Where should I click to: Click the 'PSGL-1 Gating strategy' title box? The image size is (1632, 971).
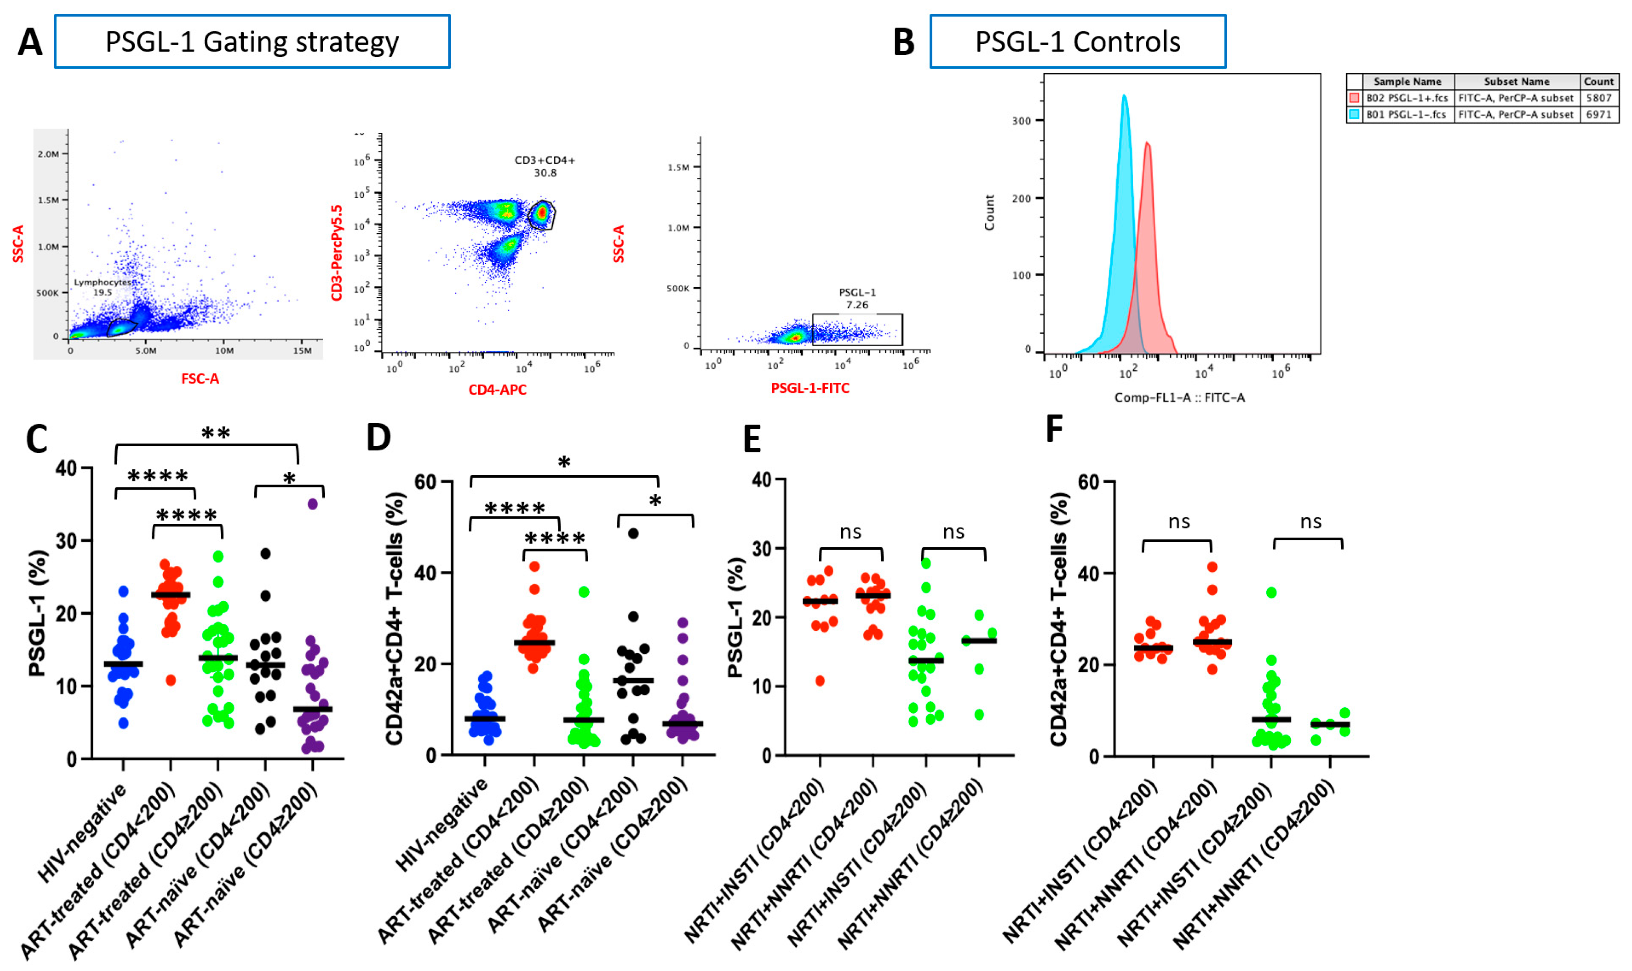[x=252, y=42]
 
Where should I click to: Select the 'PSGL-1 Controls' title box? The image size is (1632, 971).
[x=1077, y=42]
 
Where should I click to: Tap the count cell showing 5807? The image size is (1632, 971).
[x=1598, y=98]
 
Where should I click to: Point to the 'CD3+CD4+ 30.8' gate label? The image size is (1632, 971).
[x=544, y=166]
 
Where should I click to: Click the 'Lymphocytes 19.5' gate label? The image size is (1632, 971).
[x=103, y=287]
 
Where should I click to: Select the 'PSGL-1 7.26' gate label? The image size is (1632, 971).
[x=857, y=298]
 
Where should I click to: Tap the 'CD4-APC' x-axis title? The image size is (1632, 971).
[x=497, y=390]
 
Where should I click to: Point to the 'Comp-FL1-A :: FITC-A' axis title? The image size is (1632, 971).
[x=1179, y=398]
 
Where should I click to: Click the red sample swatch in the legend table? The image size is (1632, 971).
[x=1354, y=98]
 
